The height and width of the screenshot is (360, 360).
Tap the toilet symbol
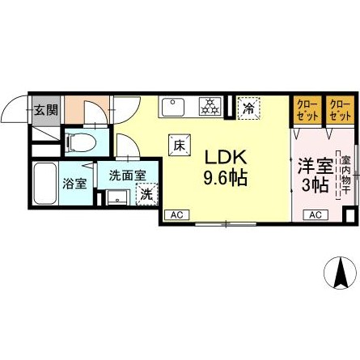pyautogui.click(x=81, y=142)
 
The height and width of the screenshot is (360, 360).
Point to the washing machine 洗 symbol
pyautogui.click(x=146, y=194)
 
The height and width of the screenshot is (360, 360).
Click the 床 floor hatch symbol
pyautogui.click(x=177, y=145)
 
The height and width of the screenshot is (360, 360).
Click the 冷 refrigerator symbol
pyautogui.click(x=248, y=106)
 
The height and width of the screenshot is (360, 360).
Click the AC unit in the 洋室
pyautogui.click(x=315, y=214)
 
